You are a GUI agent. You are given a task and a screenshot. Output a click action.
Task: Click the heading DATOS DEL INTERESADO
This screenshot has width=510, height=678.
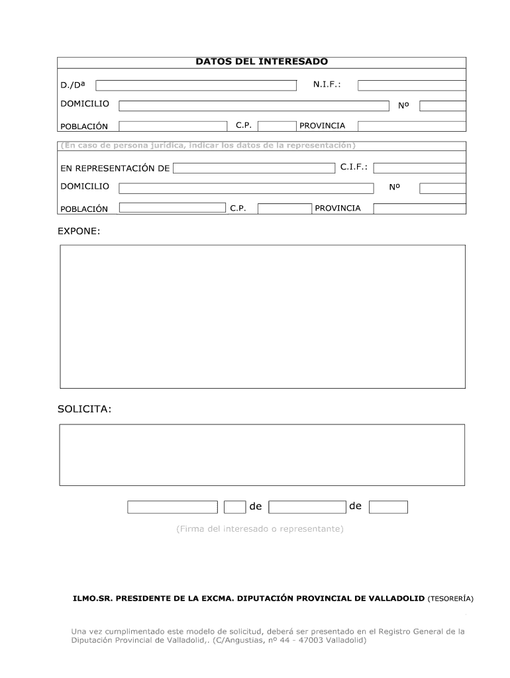(261, 62)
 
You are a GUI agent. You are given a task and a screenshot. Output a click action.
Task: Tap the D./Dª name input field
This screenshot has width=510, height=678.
(196, 85)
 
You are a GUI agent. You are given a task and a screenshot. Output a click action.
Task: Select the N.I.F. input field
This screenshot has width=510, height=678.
(411, 85)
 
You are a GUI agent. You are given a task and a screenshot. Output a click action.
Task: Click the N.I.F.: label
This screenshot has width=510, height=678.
(327, 85)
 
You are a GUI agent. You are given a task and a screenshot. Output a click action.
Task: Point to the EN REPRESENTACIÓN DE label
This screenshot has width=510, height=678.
(115, 168)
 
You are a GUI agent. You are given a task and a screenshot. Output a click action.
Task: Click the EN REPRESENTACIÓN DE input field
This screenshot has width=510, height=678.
(254, 168)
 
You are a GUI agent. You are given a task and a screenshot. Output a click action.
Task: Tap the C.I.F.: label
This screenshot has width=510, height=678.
(354, 168)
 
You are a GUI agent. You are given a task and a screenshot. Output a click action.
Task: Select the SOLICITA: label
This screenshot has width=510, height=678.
(85, 410)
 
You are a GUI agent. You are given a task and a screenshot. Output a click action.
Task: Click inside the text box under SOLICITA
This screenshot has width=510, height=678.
(262, 455)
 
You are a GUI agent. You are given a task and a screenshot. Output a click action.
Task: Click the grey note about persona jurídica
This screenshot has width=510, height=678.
(207, 145)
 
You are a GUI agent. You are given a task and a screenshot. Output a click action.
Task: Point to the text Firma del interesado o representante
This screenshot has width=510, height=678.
(260, 529)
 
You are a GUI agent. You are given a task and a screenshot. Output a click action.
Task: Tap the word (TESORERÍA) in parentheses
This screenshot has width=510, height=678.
(450, 598)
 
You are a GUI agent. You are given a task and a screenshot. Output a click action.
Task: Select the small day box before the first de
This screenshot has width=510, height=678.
(235, 507)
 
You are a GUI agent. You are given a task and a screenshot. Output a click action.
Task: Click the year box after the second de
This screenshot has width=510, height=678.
(388, 507)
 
